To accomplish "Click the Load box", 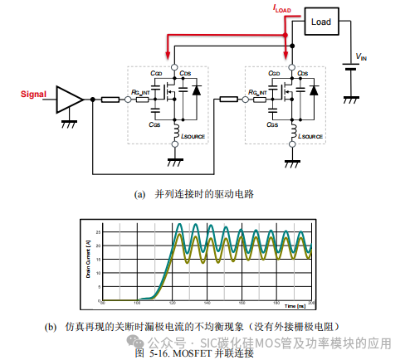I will point(320,22).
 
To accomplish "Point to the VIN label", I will point(362,57).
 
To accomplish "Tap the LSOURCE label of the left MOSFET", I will point(193,134).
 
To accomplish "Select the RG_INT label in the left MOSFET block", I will point(140,92).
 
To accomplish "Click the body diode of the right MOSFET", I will point(316,89).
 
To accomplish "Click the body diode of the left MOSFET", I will point(198,89).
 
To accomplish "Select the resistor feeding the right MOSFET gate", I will point(228,100).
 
